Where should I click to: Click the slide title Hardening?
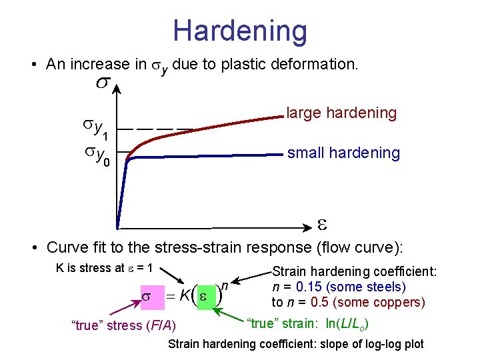coord(240,31)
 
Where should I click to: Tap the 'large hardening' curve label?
coord(341,113)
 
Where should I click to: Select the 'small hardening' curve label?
coord(343,153)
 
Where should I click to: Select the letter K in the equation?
coord(184,296)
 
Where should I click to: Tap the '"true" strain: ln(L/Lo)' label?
coord(309,324)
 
